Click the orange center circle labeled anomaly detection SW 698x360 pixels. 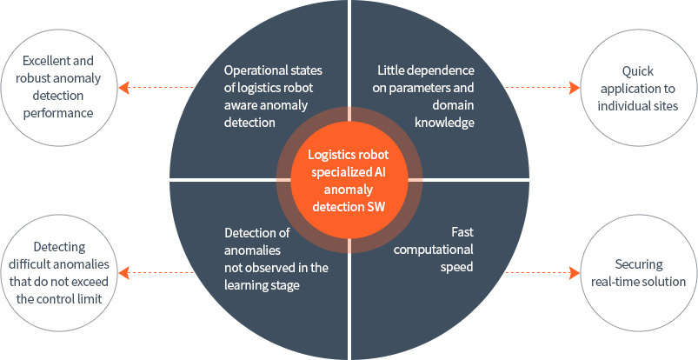coord(349,179)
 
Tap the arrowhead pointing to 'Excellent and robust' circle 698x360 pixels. coord(124,87)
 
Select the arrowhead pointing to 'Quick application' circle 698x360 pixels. coord(574,87)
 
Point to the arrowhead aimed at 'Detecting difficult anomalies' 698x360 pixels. coord(124,272)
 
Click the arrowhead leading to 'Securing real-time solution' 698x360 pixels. coord(574,272)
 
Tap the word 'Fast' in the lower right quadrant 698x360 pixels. coord(462,233)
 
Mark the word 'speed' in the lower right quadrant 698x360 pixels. coord(457,267)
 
